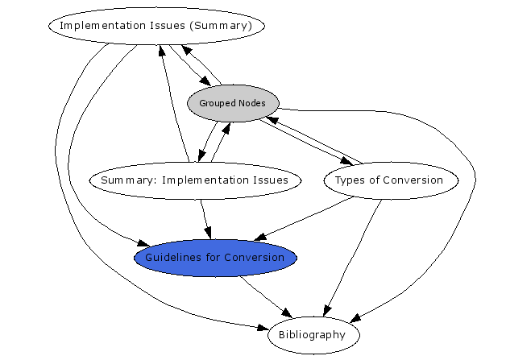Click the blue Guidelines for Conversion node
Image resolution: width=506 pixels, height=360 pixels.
(215, 257)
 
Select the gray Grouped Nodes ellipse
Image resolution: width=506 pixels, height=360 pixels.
(233, 102)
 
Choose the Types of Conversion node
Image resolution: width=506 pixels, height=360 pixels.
(392, 180)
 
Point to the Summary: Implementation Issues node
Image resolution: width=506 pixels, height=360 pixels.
(196, 180)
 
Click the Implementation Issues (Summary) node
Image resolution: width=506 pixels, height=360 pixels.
(156, 26)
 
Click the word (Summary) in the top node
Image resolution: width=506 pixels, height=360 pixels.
(222, 26)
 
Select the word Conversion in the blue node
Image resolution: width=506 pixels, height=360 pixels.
(253, 257)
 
